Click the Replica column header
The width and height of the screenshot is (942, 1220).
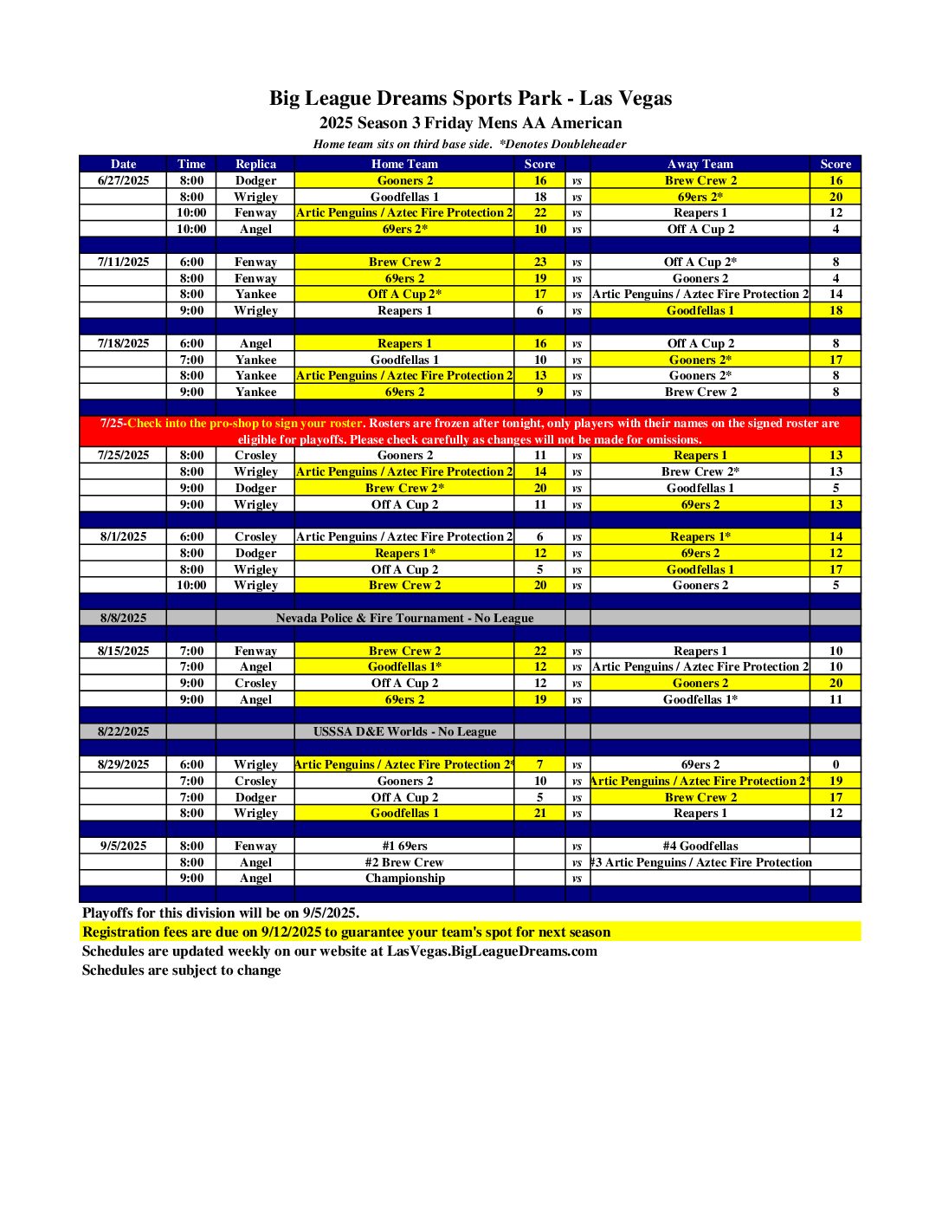(x=255, y=164)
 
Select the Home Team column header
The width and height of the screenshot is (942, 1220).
(x=404, y=164)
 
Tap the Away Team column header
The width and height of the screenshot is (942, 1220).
(x=700, y=164)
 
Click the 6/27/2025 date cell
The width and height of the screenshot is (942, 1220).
(x=123, y=180)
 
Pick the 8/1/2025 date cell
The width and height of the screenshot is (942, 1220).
(x=123, y=536)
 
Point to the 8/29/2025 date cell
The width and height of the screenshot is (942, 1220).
(x=123, y=764)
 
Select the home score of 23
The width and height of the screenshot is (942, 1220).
(x=540, y=262)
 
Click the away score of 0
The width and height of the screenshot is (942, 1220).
(x=836, y=764)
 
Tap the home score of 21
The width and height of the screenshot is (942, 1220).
(x=540, y=813)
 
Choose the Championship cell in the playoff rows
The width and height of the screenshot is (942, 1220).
(x=404, y=878)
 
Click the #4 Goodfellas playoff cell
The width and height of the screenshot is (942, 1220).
(x=700, y=846)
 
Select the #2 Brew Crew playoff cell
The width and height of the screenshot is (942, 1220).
(x=404, y=862)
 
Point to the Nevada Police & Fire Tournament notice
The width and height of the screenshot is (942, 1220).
(x=404, y=618)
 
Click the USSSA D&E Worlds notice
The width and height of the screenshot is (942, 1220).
(x=404, y=731)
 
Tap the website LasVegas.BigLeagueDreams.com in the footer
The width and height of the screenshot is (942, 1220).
(x=492, y=951)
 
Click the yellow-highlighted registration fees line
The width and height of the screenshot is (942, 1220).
(x=346, y=932)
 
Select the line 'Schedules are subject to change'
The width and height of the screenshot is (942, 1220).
(x=182, y=970)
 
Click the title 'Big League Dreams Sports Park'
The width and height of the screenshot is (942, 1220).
(x=470, y=98)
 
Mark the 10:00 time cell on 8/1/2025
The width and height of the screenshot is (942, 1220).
(x=191, y=585)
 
